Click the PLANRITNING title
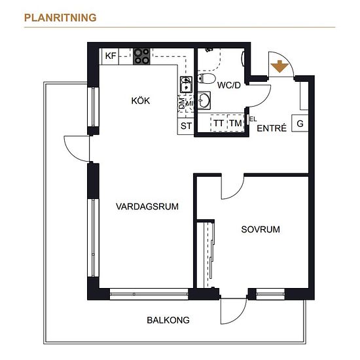click(60, 18)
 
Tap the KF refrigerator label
click(111, 56)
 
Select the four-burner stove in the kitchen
click(141, 56)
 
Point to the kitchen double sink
click(186, 84)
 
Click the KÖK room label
click(141, 101)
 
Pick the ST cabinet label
click(186, 126)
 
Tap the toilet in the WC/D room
click(206, 79)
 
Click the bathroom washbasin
click(204, 101)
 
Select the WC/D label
click(229, 85)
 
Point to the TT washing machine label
click(219, 123)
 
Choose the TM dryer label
click(236, 123)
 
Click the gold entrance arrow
click(279, 66)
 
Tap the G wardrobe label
click(300, 124)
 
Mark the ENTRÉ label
click(272, 128)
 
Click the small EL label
click(253, 119)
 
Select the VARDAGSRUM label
click(147, 206)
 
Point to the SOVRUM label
click(261, 229)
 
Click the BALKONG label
click(168, 320)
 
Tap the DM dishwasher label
click(181, 103)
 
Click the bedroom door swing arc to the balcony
click(240, 316)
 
